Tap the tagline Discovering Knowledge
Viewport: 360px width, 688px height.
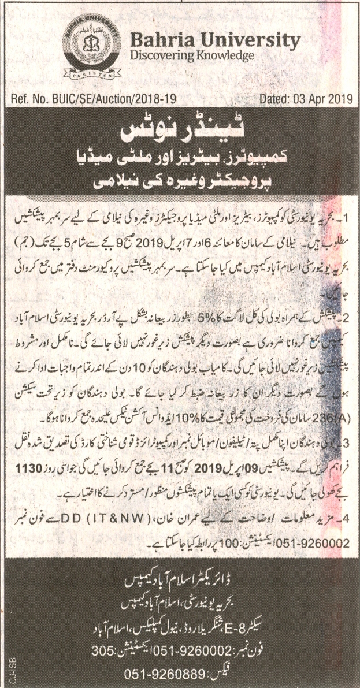click(192, 56)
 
